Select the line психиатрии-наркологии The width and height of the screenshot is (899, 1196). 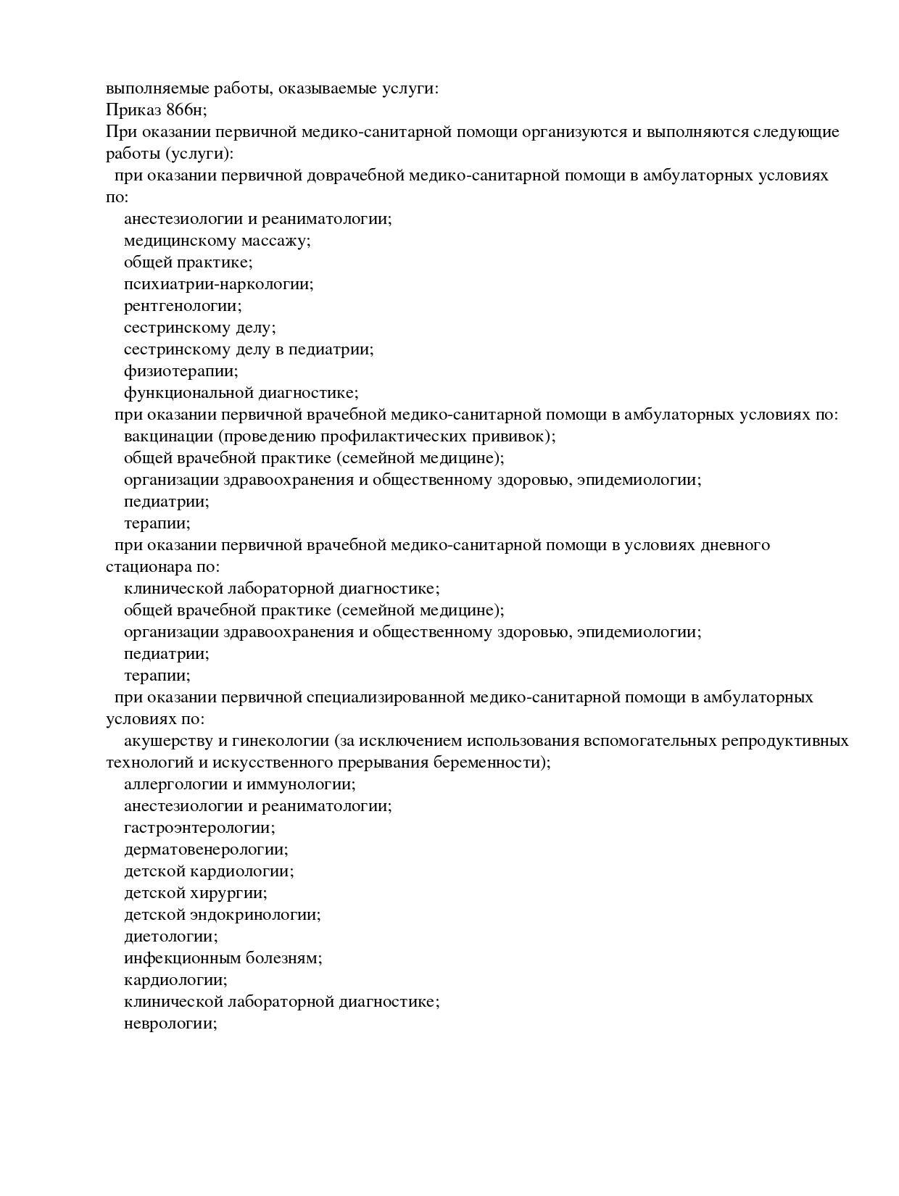tap(218, 284)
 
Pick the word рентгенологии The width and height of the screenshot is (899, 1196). tap(182, 306)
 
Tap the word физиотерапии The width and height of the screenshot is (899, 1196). tap(181, 371)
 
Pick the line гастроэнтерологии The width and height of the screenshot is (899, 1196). tap(199, 828)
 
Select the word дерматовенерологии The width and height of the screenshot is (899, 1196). tap(205, 850)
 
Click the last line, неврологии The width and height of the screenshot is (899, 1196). tap(170, 1023)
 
